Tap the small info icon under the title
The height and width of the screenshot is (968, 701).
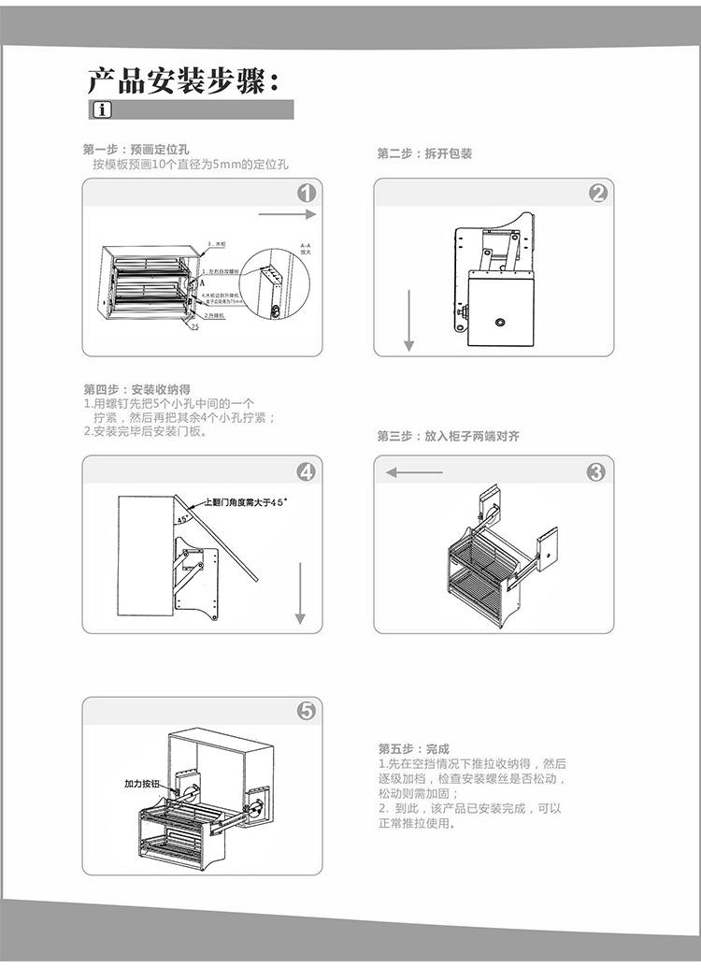102,110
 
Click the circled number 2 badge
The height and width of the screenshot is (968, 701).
598,194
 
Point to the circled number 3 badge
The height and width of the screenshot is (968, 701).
596,472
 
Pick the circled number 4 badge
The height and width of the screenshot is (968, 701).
307,471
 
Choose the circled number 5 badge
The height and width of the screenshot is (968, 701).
307,712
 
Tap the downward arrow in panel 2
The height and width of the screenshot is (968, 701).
408,321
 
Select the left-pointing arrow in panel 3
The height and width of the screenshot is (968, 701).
414,472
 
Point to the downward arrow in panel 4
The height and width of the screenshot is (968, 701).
300,593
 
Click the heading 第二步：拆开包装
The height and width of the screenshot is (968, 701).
424,153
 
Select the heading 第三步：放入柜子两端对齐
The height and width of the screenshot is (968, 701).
448,437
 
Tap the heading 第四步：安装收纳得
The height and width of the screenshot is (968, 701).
137,389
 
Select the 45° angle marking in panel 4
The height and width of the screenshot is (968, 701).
182,517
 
